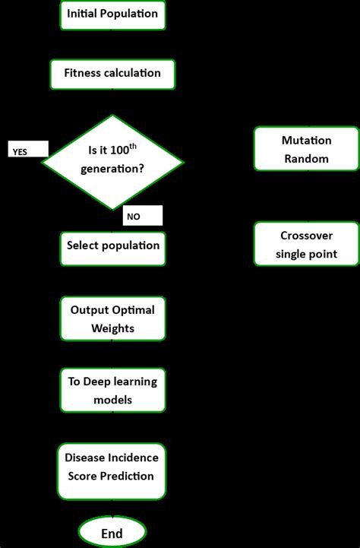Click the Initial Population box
point(112,14)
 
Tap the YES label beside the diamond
point(19,152)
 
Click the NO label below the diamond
point(134,217)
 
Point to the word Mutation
point(306,141)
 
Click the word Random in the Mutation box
point(306,159)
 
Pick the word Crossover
point(306,236)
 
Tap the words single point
point(306,255)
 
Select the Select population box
point(112,245)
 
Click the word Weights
point(112,328)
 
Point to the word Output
point(90,310)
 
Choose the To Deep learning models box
point(112,390)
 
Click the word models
point(112,400)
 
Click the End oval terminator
point(112,534)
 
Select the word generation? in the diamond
point(112,169)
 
